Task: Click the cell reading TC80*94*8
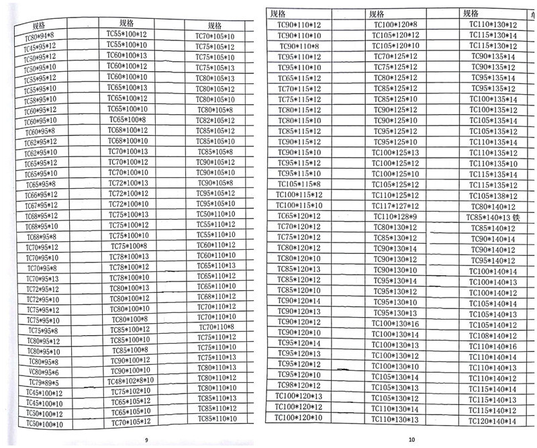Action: (40, 36)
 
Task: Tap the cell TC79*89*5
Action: (44, 382)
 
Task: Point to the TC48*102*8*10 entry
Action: (130, 381)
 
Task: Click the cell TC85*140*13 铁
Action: (493, 218)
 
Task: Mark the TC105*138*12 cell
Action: (493, 196)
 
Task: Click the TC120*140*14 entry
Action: (493, 421)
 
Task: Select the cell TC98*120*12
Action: (299, 385)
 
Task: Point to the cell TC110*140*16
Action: (493, 347)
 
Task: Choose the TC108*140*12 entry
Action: (493, 336)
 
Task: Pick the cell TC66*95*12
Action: (42, 195)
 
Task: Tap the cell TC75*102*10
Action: (130, 391)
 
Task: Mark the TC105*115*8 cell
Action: (299, 184)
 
